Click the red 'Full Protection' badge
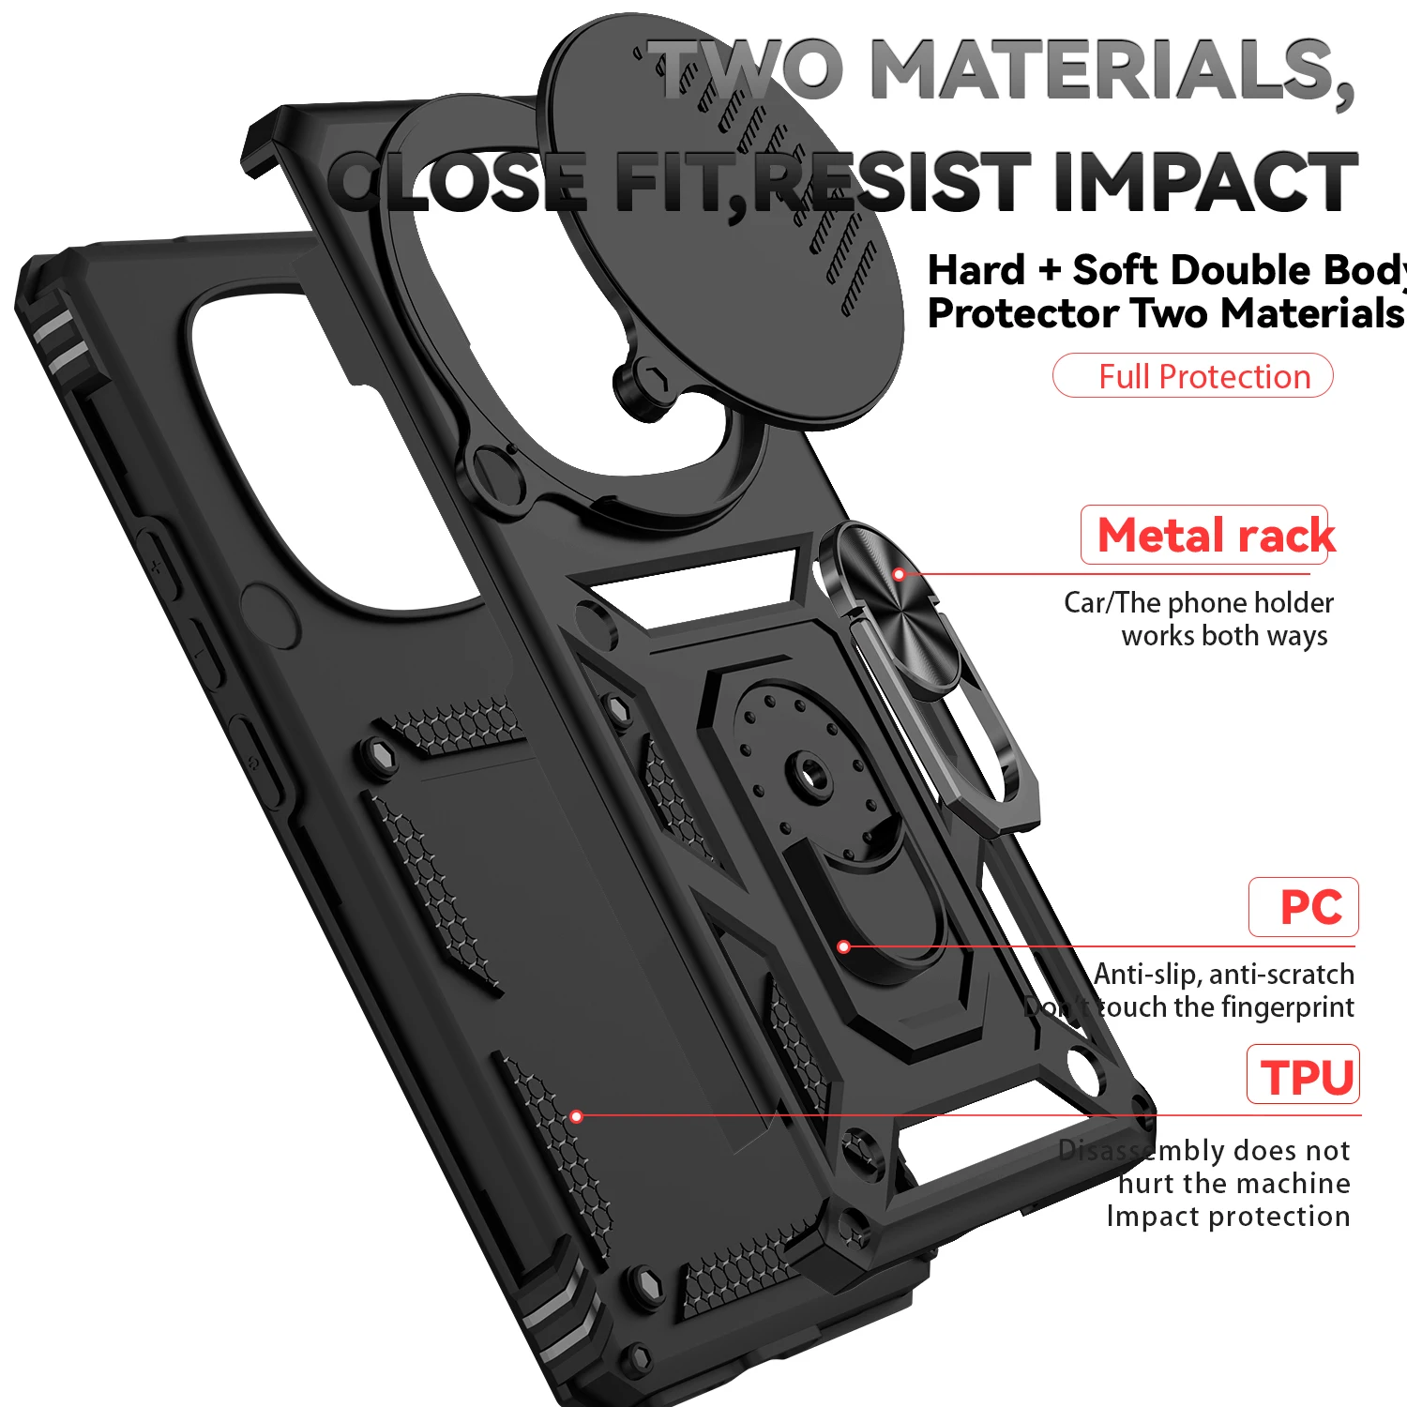point(1193,376)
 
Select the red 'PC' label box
point(1304,907)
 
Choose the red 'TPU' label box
point(1304,1075)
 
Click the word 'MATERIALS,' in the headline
point(1112,69)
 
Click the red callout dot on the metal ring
point(899,574)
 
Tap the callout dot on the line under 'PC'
point(843,946)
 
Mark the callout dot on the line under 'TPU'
point(577,1116)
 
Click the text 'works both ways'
point(1224,636)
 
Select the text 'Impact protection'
point(1228,1217)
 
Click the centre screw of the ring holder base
point(809,775)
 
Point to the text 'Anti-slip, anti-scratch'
point(1224,975)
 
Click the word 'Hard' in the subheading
point(976,270)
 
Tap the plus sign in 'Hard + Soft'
point(1050,270)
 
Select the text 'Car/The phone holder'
point(1198,602)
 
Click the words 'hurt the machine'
point(1233,1184)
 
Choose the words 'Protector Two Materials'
point(1165,313)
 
